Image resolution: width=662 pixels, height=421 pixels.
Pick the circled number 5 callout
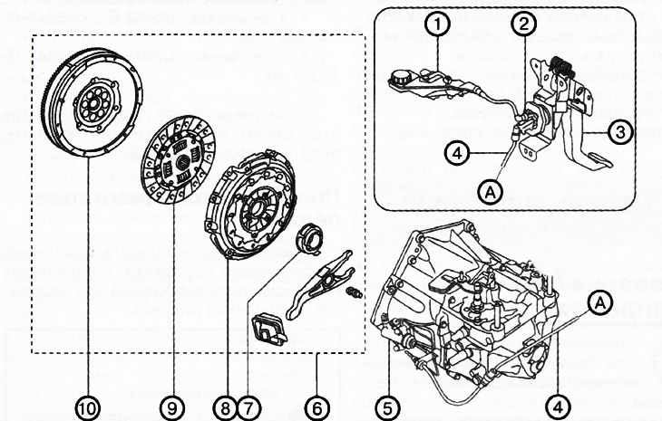click(387, 407)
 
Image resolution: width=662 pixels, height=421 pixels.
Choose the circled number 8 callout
click(222, 407)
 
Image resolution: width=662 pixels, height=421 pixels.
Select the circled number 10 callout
click(87, 407)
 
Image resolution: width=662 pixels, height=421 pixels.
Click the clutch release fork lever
click(322, 280)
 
